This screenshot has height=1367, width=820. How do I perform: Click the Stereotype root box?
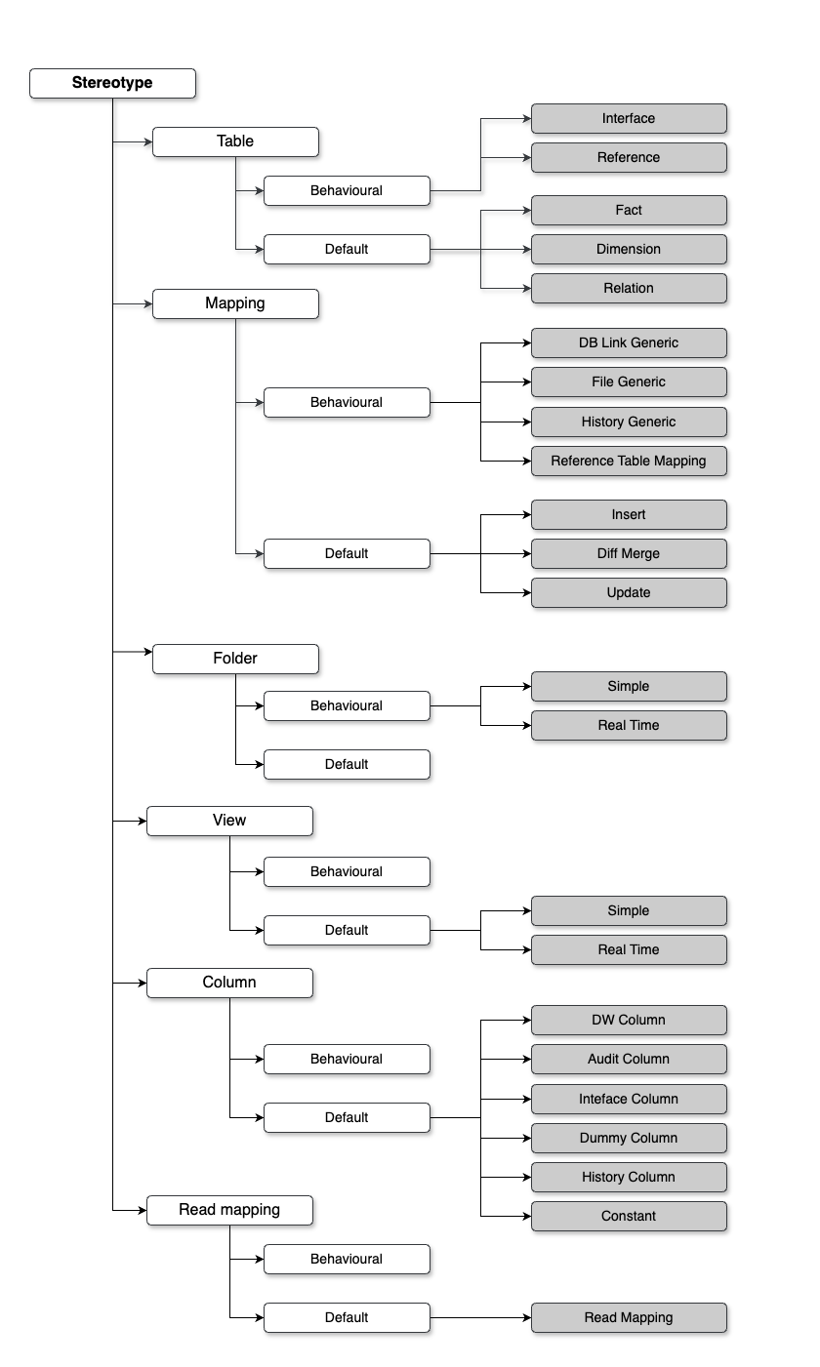point(113,83)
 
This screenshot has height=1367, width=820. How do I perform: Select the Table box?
point(235,141)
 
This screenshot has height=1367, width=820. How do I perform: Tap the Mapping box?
point(235,303)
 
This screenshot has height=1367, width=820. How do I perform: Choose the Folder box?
point(235,659)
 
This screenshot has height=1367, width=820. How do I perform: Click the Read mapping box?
point(230,1210)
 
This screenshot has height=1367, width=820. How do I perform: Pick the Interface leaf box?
point(629,118)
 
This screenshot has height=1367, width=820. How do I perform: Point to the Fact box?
point(629,211)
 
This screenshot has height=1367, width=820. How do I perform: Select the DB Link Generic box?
point(629,343)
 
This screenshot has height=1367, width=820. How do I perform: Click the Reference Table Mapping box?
point(629,462)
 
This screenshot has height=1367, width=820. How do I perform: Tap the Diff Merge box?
point(629,554)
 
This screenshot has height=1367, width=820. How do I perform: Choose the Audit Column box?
point(629,1060)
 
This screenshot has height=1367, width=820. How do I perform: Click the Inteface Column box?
point(629,1099)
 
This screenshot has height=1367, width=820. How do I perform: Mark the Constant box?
point(629,1217)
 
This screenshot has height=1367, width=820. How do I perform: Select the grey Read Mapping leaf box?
point(629,1317)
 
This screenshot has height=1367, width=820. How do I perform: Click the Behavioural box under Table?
point(347,191)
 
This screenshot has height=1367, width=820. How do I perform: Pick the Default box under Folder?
point(347,765)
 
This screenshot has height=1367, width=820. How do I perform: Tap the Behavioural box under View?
point(347,872)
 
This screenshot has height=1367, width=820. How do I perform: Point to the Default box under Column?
point(347,1118)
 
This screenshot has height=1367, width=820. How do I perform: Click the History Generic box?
point(629,422)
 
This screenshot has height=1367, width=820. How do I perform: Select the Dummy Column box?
point(629,1138)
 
